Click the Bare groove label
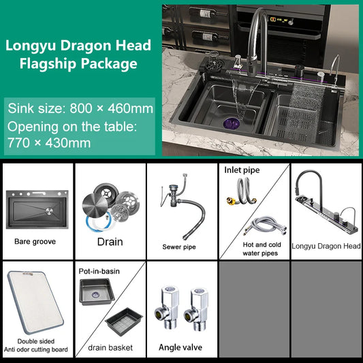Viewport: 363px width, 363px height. (35, 241)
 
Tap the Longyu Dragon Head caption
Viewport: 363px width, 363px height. (326, 246)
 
